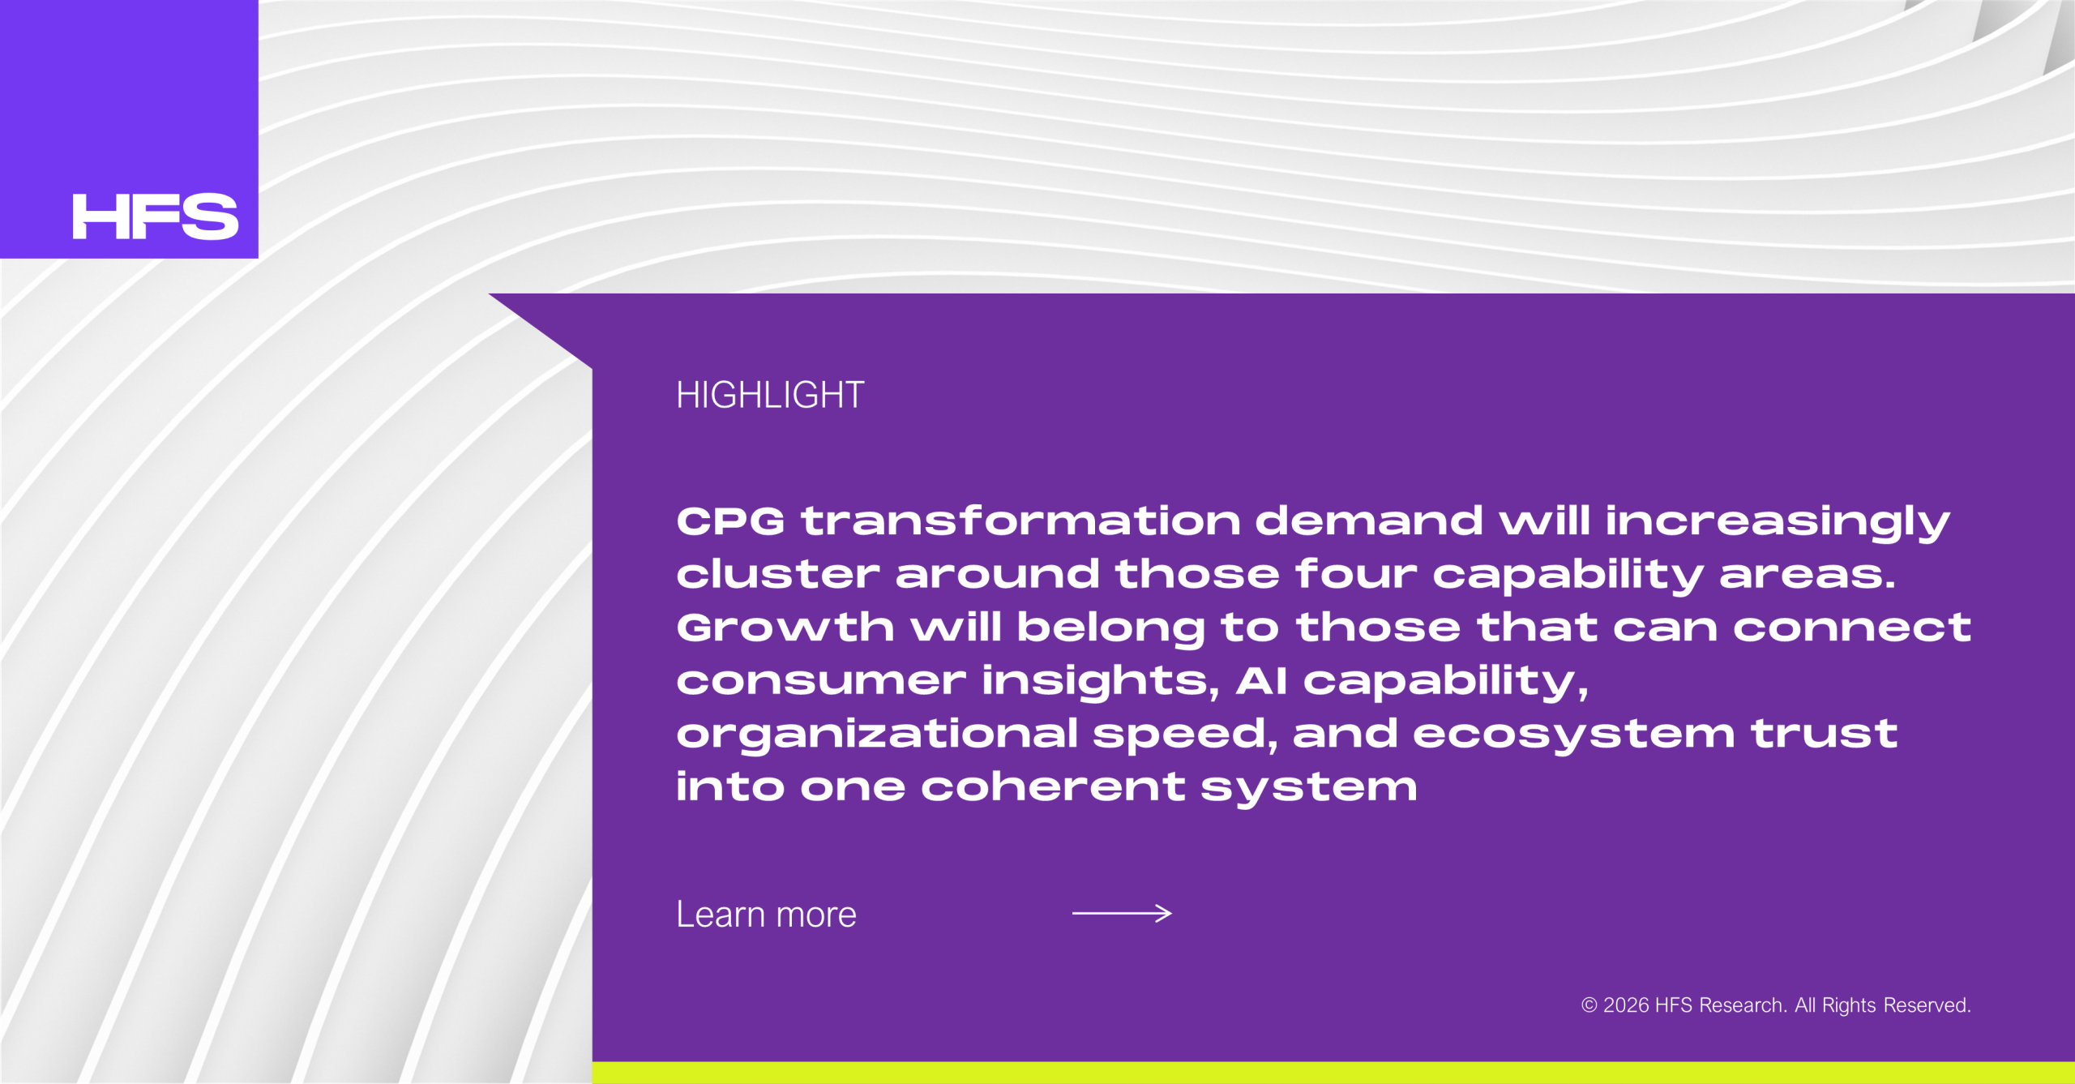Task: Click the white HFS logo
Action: pyautogui.click(x=155, y=216)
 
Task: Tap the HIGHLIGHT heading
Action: pyautogui.click(x=770, y=395)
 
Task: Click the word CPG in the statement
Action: pyautogui.click(x=730, y=521)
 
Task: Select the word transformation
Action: pyautogui.click(x=1020, y=521)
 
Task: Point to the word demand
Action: pyautogui.click(x=1369, y=520)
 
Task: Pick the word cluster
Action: pyautogui.click(x=778, y=573)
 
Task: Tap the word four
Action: pyautogui.click(x=1356, y=573)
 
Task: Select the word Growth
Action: pyautogui.click(x=785, y=627)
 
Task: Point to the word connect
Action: pyautogui.click(x=1852, y=628)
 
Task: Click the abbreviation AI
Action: pyautogui.click(x=1261, y=680)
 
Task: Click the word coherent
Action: pyautogui.click(x=1053, y=786)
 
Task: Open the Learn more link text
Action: pyautogui.click(x=766, y=914)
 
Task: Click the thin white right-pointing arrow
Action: pyautogui.click(x=1122, y=913)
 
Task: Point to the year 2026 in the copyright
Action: pyautogui.click(x=1626, y=1005)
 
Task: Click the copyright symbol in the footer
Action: pyautogui.click(x=1589, y=1005)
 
